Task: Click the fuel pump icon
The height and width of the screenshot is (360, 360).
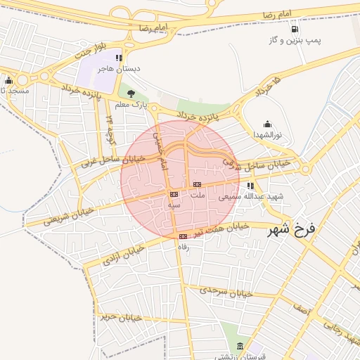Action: [293, 30]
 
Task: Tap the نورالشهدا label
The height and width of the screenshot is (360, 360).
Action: [267, 134]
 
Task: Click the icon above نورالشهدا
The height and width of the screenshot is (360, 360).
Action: [267, 124]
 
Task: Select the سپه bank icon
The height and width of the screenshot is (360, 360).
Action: [174, 193]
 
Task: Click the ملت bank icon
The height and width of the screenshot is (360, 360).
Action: [196, 185]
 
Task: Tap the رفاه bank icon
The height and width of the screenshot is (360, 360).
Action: [183, 236]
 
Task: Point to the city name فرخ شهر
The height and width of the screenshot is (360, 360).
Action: [293, 229]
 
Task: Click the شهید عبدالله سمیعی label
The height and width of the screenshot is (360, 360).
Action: [250, 196]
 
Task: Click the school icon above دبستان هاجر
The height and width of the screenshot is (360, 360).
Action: [120, 58]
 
